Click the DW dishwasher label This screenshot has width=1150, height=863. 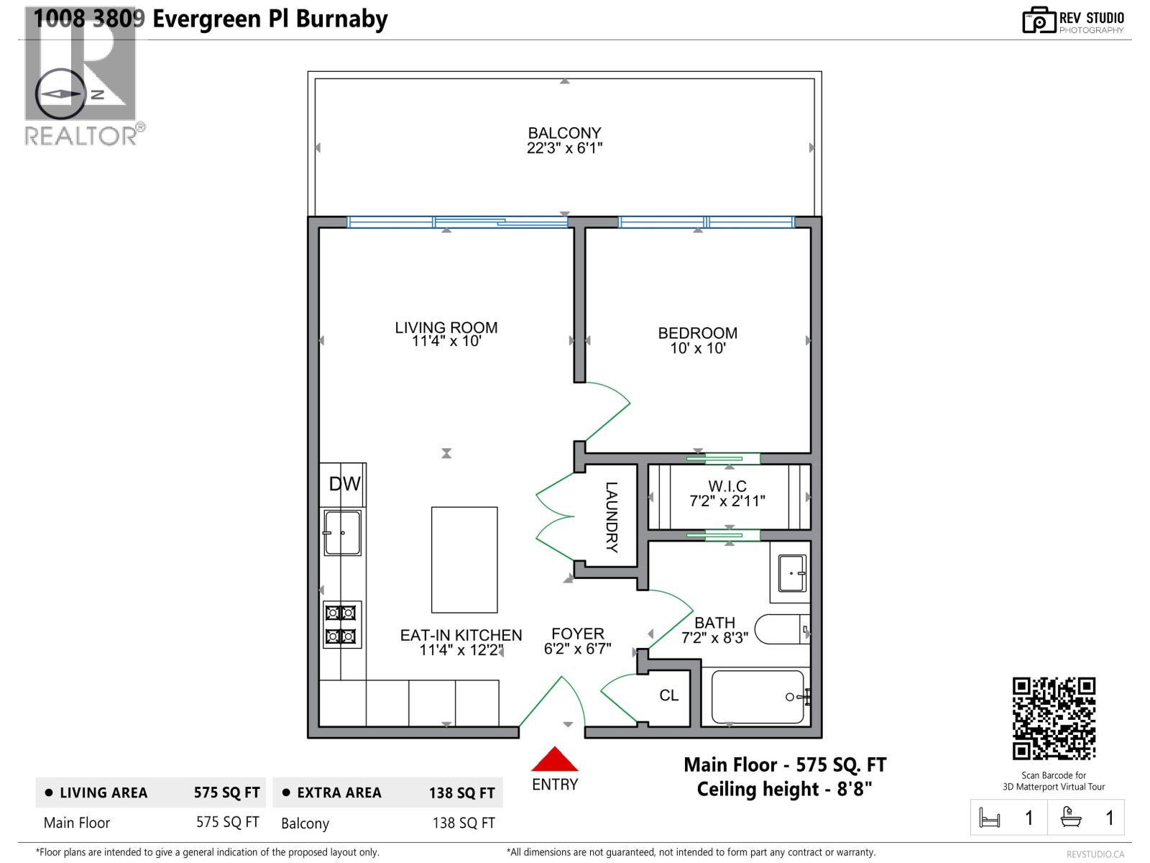coord(344,484)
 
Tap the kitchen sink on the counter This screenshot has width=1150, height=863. coord(342,533)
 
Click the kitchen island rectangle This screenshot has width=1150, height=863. coord(464,560)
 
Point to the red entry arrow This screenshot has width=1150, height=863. coord(554,759)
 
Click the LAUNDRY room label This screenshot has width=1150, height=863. coord(611,516)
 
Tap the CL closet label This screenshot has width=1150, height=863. coord(668,695)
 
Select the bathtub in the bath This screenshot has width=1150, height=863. coord(758,697)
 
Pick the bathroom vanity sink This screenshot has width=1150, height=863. coord(791,572)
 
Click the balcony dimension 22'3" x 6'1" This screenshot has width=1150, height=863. coord(564,148)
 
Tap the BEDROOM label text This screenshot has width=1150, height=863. coord(697,333)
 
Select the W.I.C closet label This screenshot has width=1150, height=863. coord(727,486)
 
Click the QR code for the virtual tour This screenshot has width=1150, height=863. coord(1053,718)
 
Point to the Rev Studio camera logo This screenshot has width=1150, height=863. coord(1039,20)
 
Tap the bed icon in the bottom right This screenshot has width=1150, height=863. coord(990,818)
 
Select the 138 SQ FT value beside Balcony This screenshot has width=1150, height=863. coord(463,823)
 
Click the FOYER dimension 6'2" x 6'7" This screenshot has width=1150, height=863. coord(577,649)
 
